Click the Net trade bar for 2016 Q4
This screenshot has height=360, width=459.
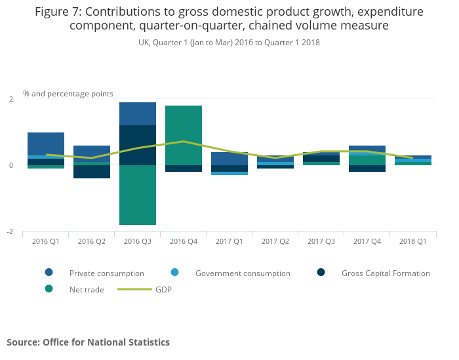[184, 135]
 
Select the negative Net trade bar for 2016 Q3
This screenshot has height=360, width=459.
[138, 195]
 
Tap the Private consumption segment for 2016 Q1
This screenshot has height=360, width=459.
[46, 144]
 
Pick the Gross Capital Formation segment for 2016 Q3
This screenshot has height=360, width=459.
[138, 145]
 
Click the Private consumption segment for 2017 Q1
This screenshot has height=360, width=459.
[229, 159]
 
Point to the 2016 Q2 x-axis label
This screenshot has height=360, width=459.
[92, 241]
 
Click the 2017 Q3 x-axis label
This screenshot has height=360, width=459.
[321, 241]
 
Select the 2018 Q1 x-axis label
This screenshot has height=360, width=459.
[413, 241]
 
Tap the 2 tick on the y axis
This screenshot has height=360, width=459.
[10, 99]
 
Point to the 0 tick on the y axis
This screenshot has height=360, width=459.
[10, 165]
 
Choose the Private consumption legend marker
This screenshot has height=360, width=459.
[49, 273]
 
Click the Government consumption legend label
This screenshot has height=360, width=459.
[243, 273]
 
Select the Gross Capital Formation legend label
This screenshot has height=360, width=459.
[386, 273]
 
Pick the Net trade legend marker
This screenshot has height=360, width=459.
[49, 289]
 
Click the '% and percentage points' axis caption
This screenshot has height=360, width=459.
[68, 94]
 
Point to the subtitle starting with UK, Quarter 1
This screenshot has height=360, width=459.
[229, 43]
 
